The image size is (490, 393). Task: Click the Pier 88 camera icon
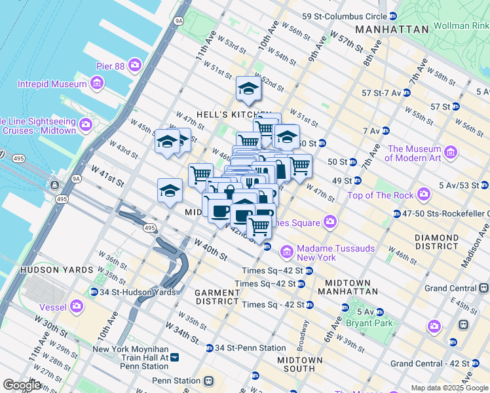[135, 65]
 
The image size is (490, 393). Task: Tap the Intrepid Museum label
[52, 84]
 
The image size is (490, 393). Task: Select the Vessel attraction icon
[77, 306]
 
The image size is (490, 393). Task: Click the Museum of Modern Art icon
[450, 153]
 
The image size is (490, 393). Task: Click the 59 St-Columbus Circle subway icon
[392, 16]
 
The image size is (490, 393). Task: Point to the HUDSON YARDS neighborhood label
[49, 269]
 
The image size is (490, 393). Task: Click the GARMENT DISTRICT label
[217, 297]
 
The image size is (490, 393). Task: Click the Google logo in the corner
[22, 385]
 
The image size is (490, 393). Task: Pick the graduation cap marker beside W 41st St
[170, 190]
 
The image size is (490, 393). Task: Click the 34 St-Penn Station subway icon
[209, 348]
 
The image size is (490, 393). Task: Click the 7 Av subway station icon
[386, 130]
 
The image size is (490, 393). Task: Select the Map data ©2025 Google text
[449, 388]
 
